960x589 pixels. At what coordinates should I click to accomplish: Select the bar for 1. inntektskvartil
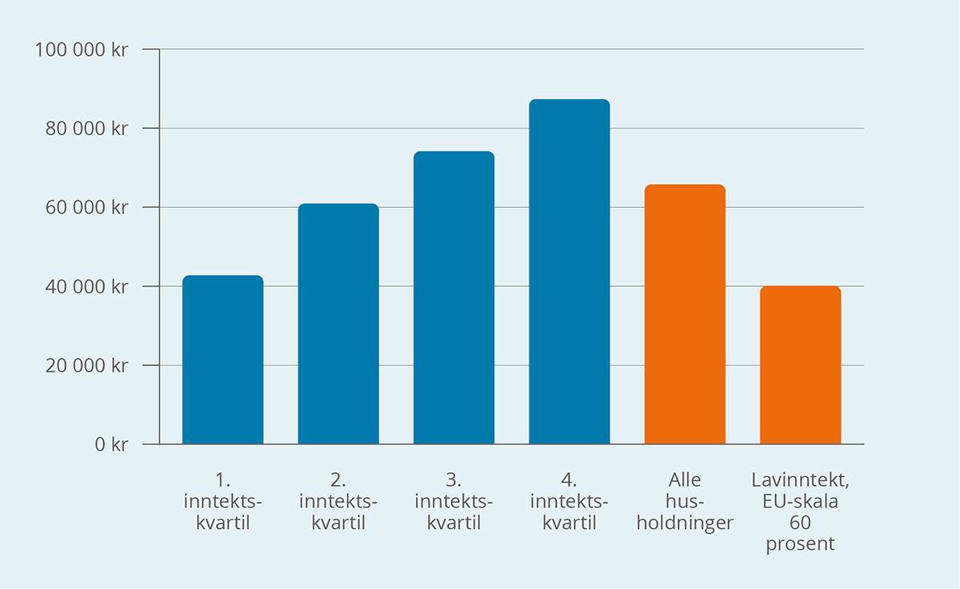[x=222, y=360]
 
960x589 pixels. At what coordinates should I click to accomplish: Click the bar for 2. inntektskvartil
[x=338, y=324]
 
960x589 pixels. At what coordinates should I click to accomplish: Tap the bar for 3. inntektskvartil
[x=454, y=297]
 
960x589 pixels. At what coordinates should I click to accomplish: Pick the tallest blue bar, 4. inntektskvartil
[x=569, y=272]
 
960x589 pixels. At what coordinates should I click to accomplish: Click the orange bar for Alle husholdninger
[x=685, y=314]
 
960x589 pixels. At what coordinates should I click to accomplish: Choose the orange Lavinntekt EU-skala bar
[x=800, y=365]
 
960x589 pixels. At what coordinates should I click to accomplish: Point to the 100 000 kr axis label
[x=82, y=50]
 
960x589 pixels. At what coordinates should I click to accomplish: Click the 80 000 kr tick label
[x=86, y=129]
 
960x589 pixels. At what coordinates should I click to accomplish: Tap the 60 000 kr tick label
[x=86, y=208]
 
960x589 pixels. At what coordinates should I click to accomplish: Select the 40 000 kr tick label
[x=86, y=287]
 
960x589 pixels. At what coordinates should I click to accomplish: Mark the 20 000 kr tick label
[x=86, y=366]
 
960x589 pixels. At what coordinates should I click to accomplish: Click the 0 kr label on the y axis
[x=111, y=445]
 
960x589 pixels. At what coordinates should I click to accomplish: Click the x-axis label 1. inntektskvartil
[x=222, y=502]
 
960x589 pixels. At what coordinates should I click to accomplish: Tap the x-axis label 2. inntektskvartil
[x=338, y=502]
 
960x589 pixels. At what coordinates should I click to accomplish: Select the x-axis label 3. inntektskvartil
[x=454, y=502]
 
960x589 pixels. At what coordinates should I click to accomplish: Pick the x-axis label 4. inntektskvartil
[x=569, y=502]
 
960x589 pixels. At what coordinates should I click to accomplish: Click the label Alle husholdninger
[x=685, y=502]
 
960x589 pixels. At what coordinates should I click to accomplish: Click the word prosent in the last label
[x=800, y=545]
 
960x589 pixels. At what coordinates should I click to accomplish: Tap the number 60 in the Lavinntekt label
[x=800, y=524]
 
